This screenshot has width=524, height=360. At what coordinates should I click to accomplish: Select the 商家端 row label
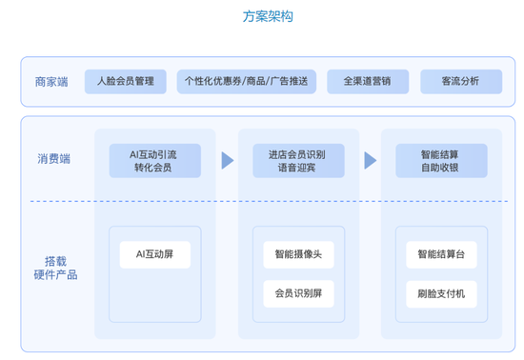[50, 82]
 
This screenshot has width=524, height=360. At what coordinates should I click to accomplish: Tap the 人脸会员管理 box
[125, 82]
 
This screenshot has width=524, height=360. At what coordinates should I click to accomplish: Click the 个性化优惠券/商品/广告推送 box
[247, 82]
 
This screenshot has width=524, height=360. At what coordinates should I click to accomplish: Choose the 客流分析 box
[461, 82]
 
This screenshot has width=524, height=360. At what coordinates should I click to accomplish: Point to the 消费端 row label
[54, 159]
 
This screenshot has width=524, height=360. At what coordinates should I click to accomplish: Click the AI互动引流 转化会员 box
[154, 160]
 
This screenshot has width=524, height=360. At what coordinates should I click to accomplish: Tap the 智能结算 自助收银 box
[440, 160]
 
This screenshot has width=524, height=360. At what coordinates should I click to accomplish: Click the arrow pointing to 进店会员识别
[228, 160]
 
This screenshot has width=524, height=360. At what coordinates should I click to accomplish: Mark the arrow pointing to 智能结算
[370, 160]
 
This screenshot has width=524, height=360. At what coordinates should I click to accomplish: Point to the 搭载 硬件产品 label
[55, 268]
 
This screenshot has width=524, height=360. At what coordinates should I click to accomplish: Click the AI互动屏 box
[154, 254]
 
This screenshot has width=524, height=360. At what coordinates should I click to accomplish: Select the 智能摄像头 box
[297, 254]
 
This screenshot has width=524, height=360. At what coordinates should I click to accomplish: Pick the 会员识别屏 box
[297, 293]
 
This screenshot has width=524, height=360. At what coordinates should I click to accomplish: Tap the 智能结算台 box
[440, 254]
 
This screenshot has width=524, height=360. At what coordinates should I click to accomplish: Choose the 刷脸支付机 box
[440, 293]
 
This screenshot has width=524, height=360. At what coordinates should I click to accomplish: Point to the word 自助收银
[440, 168]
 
